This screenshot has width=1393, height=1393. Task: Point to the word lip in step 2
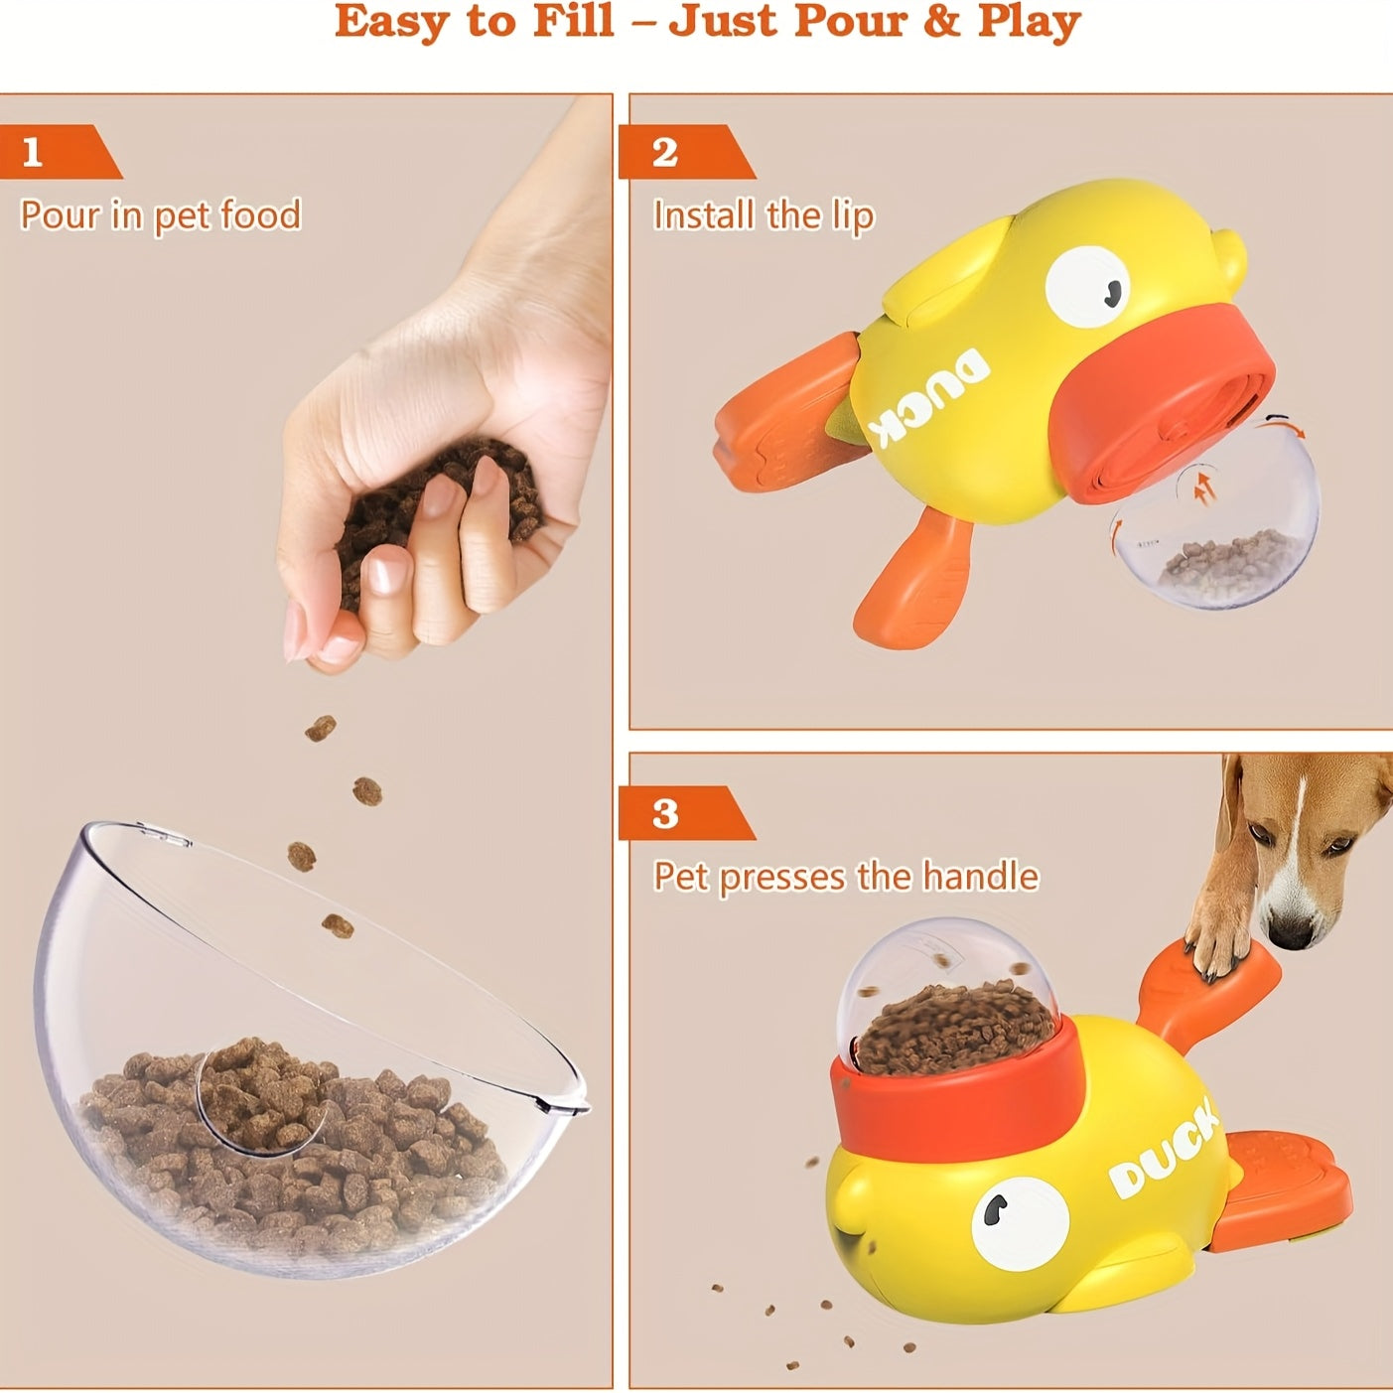coord(851,217)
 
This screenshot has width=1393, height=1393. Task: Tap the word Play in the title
coord(1029,22)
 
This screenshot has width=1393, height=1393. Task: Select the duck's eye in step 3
coord(1019,1220)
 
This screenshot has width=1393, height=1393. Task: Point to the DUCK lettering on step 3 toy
coord(1163,1152)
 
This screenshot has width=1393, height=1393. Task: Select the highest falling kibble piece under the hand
coord(320,729)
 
